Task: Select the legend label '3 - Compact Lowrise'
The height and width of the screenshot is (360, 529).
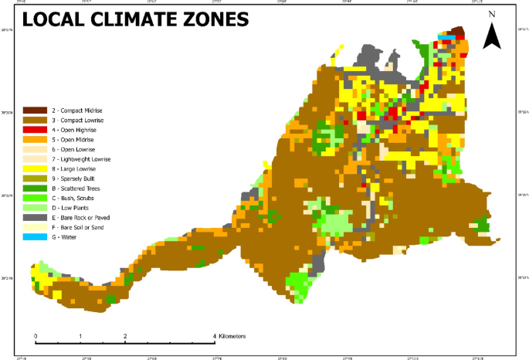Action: coord(76,121)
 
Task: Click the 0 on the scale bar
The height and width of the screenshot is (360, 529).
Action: coord(36,336)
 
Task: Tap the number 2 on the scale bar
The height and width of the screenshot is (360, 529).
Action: coord(125,336)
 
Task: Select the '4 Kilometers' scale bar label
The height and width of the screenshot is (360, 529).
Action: coord(229,336)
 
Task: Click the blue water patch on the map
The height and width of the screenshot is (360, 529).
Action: coord(446,36)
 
